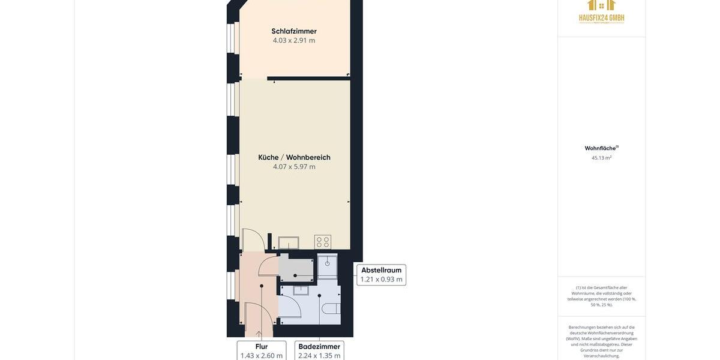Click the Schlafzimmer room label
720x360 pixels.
pyautogui.click(x=294, y=31)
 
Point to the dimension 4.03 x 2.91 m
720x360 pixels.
pyautogui.click(x=294, y=40)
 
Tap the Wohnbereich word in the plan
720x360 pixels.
pyautogui.click(x=308, y=157)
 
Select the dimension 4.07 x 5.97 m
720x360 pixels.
pyautogui.click(x=294, y=167)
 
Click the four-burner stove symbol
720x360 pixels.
pyautogui.click(x=323, y=242)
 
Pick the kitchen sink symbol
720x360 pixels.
pyautogui.click(x=289, y=242)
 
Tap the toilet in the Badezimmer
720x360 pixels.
pyautogui.click(x=331, y=308)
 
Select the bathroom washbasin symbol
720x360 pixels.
pyautogui.click(x=301, y=290)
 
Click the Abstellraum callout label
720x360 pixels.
pyautogui.click(x=382, y=271)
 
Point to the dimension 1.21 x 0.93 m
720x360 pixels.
pyautogui.click(x=382, y=280)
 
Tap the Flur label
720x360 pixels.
pyautogui.click(x=262, y=347)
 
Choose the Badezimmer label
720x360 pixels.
pyautogui.click(x=319, y=347)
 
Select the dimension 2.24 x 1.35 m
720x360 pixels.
pyautogui.click(x=319, y=356)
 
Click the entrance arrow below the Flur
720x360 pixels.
pyautogui.click(x=259, y=334)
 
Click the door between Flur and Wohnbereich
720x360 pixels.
pyautogui.click(x=252, y=241)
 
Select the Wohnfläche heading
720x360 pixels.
pyautogui.click(x=601, y=148)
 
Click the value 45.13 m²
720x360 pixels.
pyautogui.click(x=601, y=158)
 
